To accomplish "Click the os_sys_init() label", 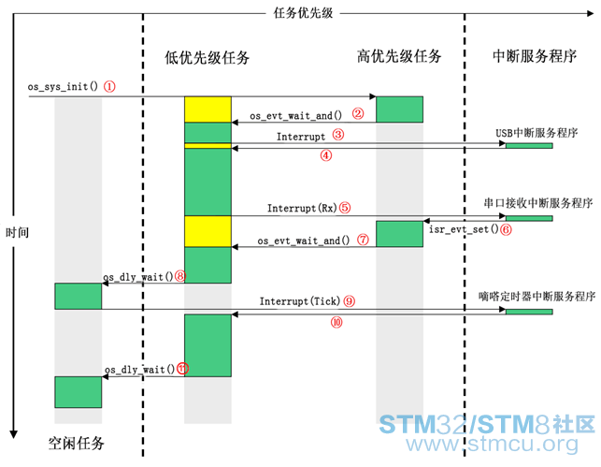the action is coord(63,86).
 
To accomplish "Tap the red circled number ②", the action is coord(358,113).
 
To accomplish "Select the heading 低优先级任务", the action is coord(207,58).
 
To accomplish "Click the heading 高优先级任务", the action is coord(399,56).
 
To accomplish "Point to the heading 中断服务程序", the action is coord(535,56).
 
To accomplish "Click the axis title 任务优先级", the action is coord(303,13).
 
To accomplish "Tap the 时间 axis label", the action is coord(17,232).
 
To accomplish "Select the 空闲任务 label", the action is coord(76,444).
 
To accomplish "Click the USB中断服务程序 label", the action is coord(537,133).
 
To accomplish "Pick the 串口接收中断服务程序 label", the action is coord(538,203).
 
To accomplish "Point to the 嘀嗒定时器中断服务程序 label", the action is coord(537,297).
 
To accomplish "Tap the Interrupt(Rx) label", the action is coord(302,208).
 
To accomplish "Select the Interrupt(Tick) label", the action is coord(300,301).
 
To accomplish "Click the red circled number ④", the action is coord(326,155).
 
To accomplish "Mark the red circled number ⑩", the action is coord(336,322).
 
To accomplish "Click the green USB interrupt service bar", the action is coord(529,146).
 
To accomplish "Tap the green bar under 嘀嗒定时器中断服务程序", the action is coord(529,312).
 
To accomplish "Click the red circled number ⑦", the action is coord(363,240).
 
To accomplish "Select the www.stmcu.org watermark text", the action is coord(493,445).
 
